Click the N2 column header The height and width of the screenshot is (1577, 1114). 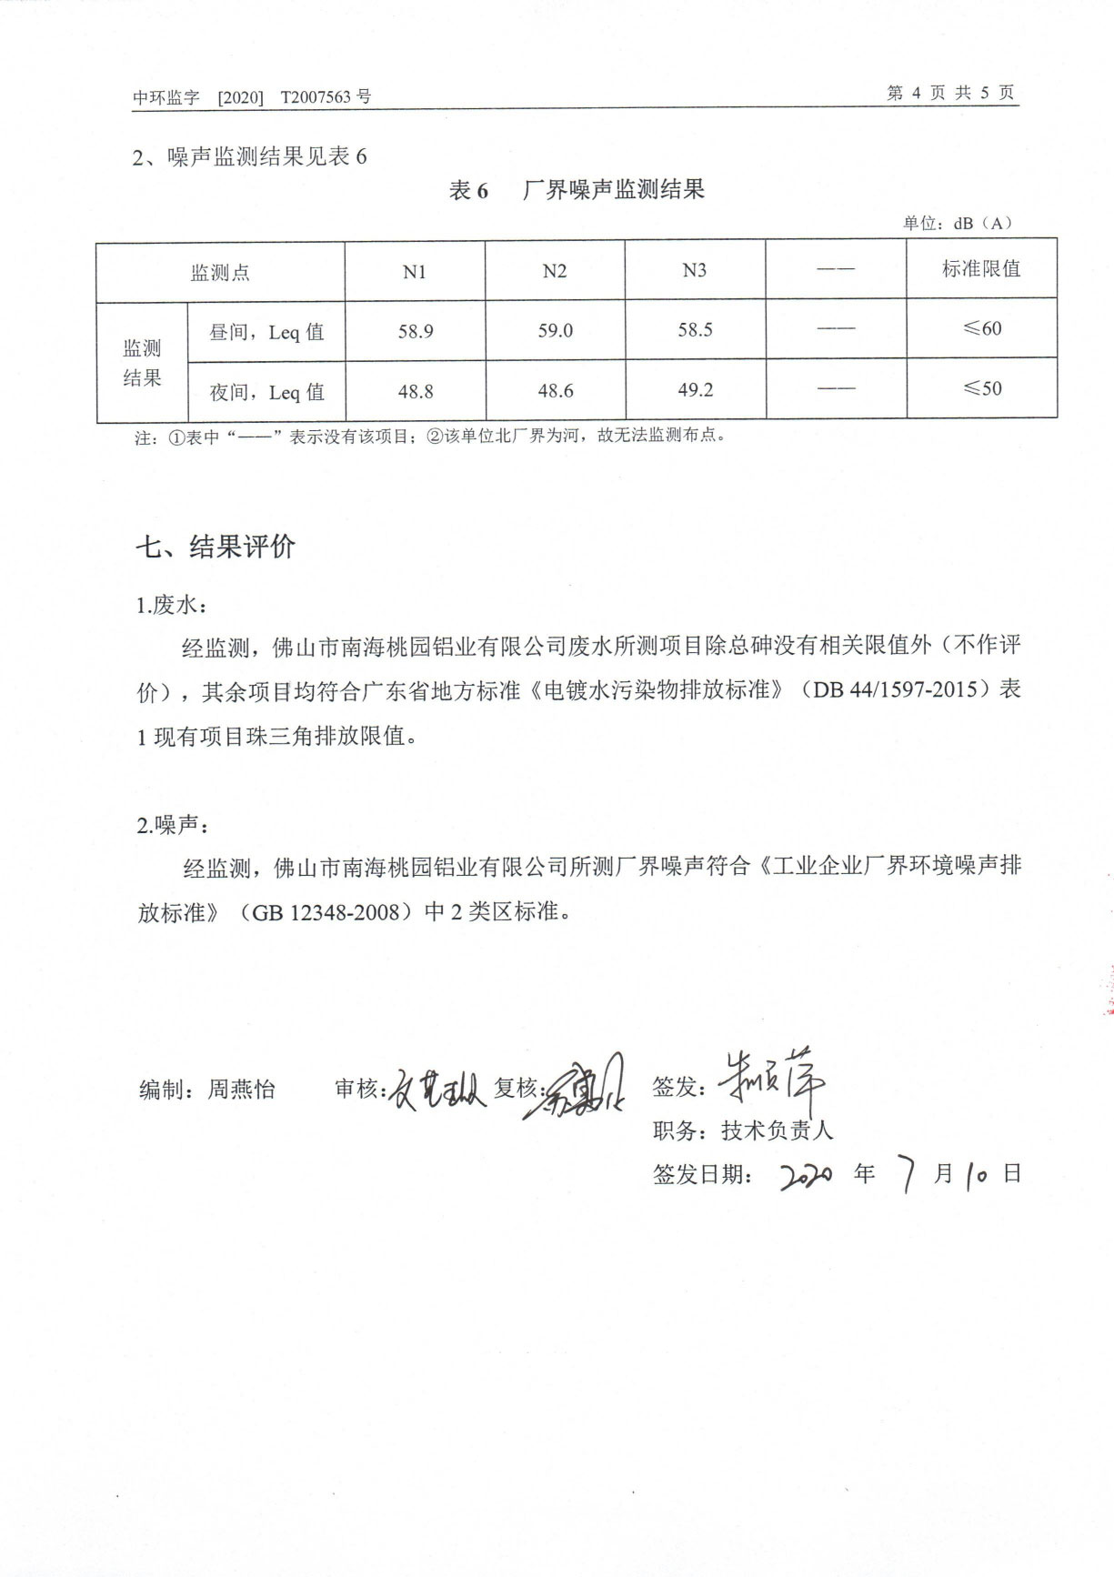point(554,271)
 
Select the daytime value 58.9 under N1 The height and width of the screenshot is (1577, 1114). point(416,331)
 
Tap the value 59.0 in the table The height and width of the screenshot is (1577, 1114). point(555,330)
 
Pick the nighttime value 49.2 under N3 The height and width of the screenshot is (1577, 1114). point(695,390)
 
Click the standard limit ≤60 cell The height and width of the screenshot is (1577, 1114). point(982,328)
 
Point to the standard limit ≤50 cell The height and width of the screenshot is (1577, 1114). point(982,388)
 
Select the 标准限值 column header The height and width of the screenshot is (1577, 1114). point(980,268)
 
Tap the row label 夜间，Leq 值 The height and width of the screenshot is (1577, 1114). point(266,392)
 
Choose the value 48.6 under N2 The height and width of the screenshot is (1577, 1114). point(555,391)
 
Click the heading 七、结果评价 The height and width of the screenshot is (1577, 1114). point(216,547)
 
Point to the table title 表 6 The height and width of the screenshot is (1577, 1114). point(468,190)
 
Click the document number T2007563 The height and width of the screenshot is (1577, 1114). point(316,97)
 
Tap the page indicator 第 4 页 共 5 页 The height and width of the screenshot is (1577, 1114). point(950,93)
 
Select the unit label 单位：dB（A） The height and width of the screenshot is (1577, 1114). point(957,223)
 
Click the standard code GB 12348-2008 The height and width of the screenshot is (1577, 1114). point(326,912)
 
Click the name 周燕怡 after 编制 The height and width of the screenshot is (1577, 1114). point(241,1089)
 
